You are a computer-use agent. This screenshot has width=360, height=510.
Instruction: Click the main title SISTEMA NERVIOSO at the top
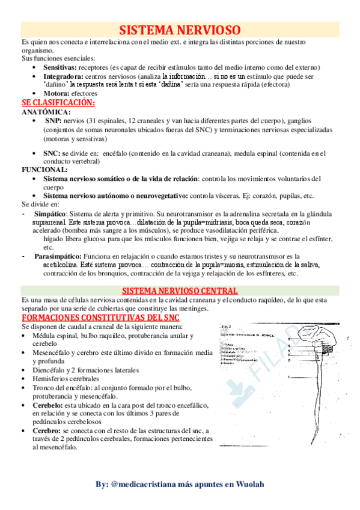coord(180,30)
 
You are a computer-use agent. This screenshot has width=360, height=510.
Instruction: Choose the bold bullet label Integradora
coord(63,77)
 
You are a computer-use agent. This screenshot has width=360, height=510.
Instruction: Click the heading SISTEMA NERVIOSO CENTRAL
coord(180,290)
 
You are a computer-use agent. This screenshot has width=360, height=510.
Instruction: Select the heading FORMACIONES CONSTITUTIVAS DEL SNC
coord(99,317)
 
